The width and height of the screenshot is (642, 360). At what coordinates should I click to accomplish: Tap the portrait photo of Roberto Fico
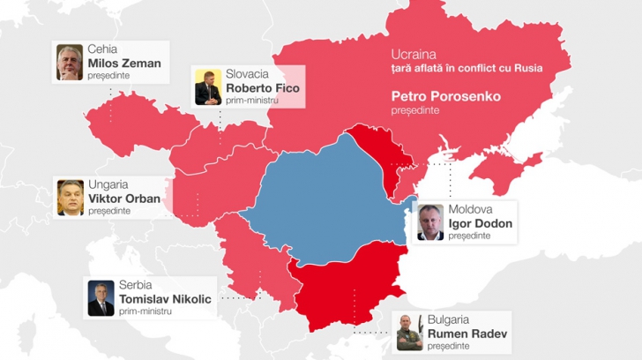(x=208, y=87)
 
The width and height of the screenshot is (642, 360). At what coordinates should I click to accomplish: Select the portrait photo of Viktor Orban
(x=71, y=198)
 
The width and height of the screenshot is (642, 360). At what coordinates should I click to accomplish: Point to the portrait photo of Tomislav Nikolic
(x=101, y=298)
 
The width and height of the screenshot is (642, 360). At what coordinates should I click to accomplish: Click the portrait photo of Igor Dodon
(x=430, y=222)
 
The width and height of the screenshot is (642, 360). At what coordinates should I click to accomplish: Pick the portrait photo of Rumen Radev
(x=409, y=333)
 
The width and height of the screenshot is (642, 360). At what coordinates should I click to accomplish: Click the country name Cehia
(x=102, y=49)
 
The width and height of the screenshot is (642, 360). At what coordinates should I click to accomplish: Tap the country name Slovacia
(x=248, y=75)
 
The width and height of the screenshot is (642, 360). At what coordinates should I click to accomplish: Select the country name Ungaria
(x=108, y=184)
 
